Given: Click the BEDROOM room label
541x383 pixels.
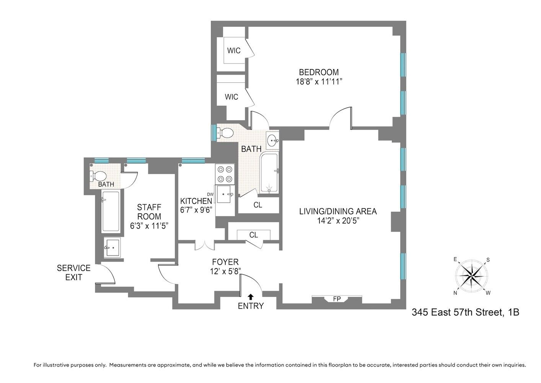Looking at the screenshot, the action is click(319, 72).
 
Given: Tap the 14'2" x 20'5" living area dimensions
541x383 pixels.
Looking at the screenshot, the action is click(338, 221).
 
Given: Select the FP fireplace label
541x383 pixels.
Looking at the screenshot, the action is click(337, 299).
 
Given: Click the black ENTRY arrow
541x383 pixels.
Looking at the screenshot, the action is click(251, 296).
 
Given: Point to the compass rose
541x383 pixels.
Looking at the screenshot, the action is click(471, 276).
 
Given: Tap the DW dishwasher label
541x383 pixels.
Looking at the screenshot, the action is click(210, 194).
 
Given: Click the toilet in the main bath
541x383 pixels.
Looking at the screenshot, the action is click(225, 133).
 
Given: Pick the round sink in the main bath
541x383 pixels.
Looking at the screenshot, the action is click(273, 140).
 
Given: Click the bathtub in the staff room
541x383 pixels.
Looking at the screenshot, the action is click(111, 211).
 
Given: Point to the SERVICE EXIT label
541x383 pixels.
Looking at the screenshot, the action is click(74, 272).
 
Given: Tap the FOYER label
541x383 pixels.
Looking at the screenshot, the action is click(225, 262).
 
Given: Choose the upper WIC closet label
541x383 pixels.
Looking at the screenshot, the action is click(234, 51).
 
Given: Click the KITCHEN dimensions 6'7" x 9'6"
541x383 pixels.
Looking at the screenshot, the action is click(196, 210).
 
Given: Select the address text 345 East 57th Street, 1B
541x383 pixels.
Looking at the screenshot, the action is click(465, 312).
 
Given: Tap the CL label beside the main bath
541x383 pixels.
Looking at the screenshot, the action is click(258, 205).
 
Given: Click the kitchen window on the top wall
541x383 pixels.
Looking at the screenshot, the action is click(193, 160).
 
